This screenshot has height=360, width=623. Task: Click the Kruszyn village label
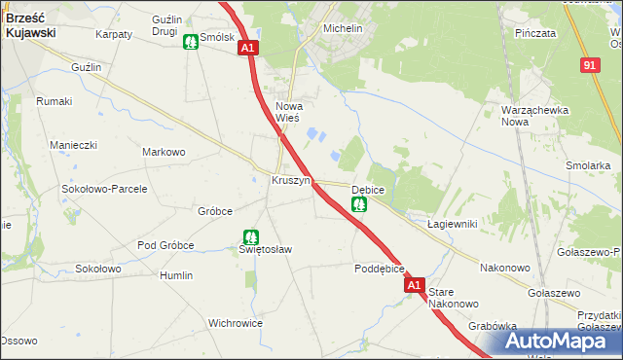click(290, 181)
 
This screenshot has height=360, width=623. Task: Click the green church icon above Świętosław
click(250, 236)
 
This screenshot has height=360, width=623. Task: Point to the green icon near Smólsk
click(190, 42)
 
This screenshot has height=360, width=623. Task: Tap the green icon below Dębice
click(359, 204)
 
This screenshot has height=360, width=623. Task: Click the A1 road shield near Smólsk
click(247, 47)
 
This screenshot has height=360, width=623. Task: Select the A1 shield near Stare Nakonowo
click(415, 285)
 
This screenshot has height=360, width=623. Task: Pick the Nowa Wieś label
click(289, 112)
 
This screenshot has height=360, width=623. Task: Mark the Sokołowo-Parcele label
click(104, 189)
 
